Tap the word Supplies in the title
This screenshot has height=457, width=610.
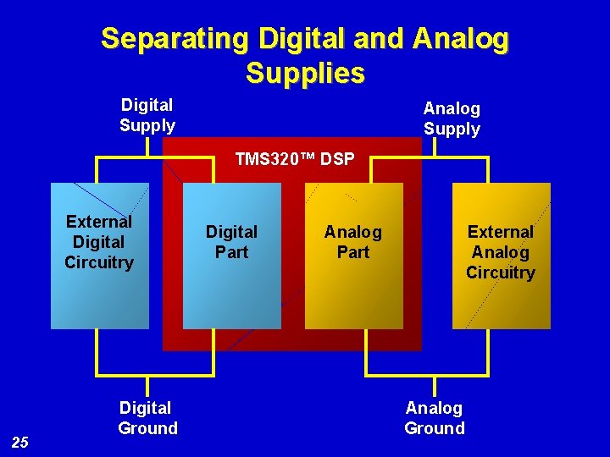[x=305, y=74]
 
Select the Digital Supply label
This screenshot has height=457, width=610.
[x=147, y=115]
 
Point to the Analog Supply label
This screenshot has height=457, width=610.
[x=452, y=118]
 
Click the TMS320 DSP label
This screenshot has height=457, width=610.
[x=295, y=159]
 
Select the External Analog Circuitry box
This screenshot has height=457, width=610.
[x=501, y=296]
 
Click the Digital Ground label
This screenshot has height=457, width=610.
[x=147, y=418]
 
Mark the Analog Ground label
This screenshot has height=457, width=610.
[x=435, y=418]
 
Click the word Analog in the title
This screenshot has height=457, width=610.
[x=463, y=39]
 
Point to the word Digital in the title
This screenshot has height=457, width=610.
[x=301, y=39]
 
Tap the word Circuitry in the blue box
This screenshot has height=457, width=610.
[x=99, y=262]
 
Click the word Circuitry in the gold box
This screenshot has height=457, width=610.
[x=501, y=273]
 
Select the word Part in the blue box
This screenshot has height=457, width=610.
[x=231, y=252]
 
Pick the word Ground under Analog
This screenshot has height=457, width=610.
[x=435, y=428]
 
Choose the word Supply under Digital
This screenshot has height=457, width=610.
[x=147, y=126]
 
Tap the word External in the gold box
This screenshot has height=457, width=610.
[x=501, y=232]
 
